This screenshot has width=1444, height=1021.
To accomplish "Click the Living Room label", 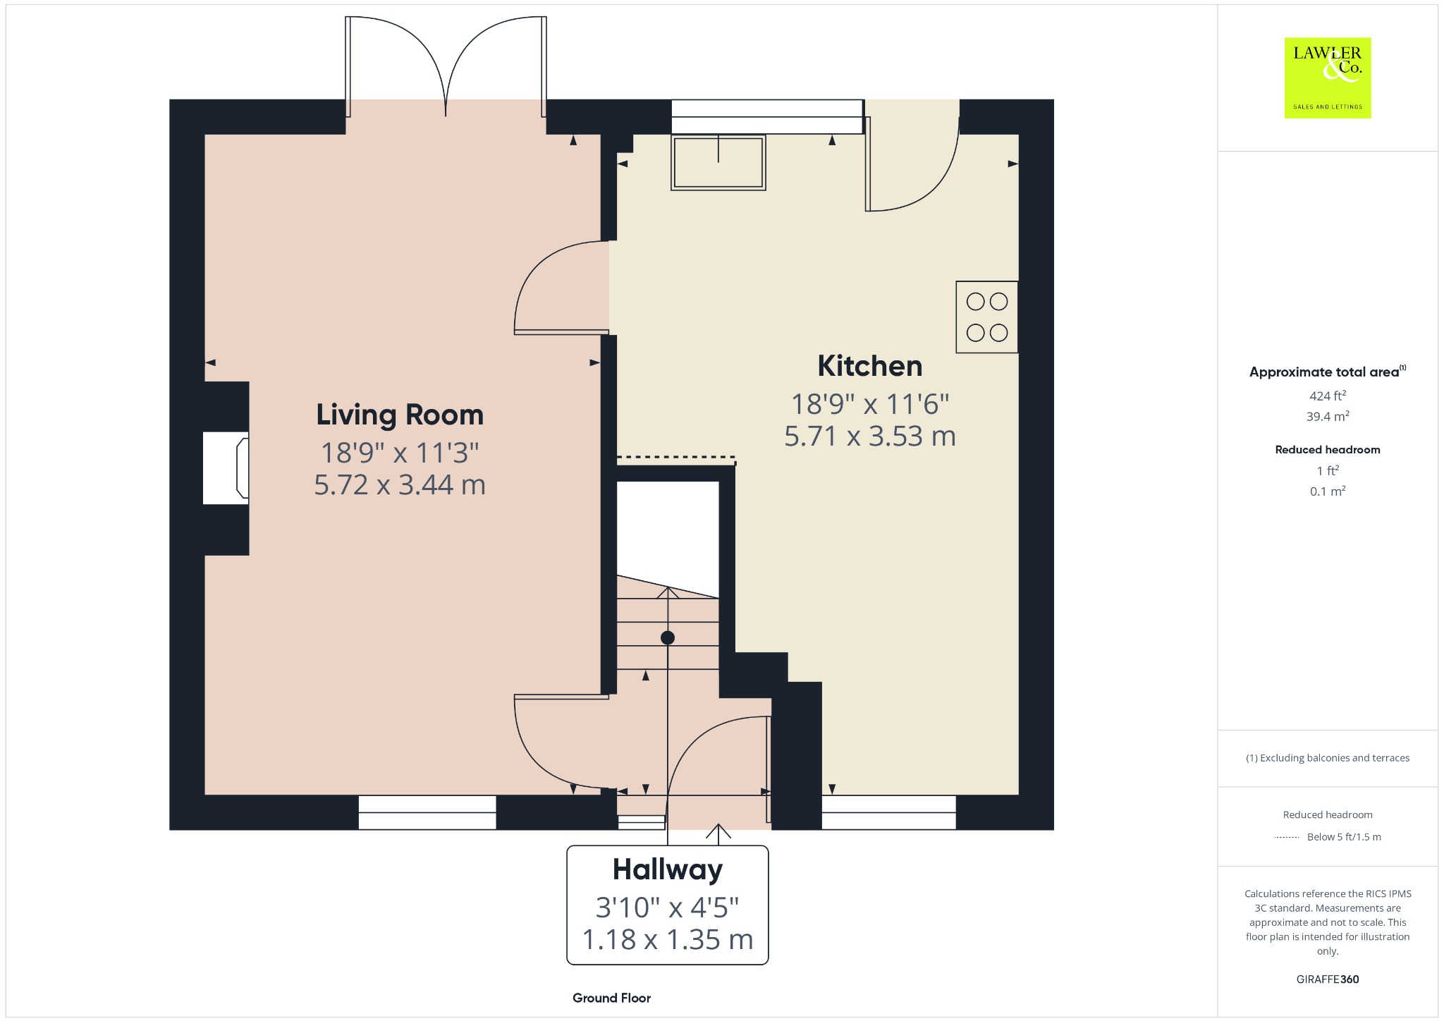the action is [400, 415].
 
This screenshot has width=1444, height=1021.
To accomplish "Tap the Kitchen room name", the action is [870, 366].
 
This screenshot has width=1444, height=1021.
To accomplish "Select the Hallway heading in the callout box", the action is [668, 869].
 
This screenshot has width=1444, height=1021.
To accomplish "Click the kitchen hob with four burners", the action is [987, 317].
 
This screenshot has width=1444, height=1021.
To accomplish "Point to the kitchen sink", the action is [718, 163].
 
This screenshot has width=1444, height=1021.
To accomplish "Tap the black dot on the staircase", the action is [668, 638].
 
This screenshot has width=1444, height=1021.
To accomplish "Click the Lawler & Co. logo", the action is [1328, 78].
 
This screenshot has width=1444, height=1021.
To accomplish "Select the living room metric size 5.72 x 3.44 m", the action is [400, 485].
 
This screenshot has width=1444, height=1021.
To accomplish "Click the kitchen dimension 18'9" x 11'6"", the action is [870, 405].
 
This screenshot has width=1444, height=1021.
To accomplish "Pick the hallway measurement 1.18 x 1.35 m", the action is [668, 939].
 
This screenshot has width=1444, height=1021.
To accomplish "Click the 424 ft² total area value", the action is [1328, 396].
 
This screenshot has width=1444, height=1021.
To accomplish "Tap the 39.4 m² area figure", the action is [1328, 416].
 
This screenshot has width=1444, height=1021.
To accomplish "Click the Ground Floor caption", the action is [611, 998].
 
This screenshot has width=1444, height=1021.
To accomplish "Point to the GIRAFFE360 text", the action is [1328, 979].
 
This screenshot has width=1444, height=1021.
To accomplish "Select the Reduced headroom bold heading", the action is [1328, 449].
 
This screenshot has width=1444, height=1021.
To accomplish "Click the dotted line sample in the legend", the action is [1287, 838].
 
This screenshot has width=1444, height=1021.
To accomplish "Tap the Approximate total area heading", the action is [1328, 372].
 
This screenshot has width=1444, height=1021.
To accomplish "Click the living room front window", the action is [427, 812].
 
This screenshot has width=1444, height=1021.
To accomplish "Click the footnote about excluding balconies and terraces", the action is [1328, 758].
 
